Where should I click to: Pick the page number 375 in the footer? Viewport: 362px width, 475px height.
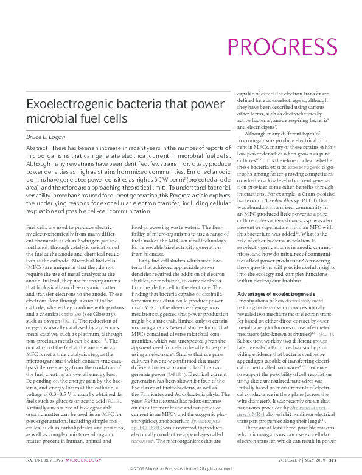pyautogui.click(x=349, y=460)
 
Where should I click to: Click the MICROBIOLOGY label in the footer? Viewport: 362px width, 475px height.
pyautogui.click(x=83, y=460)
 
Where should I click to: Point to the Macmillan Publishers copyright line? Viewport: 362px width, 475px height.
pyautogui.click(x=181, y=469)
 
